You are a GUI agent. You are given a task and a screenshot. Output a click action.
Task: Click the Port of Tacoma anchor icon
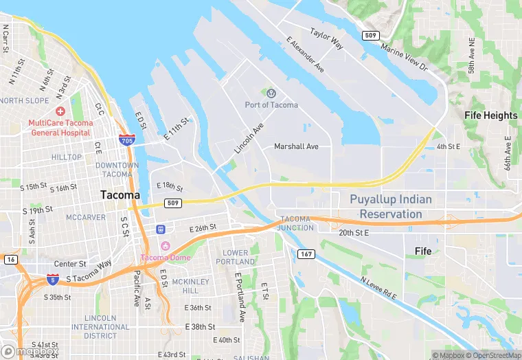click(x=271, y=93)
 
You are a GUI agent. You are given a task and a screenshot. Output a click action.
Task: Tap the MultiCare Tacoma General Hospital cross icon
click(x=61, y=111)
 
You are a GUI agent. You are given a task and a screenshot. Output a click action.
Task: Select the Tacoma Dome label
click(x=164, y=258)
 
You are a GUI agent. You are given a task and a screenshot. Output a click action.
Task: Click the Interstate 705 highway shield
click(x=126, y=140)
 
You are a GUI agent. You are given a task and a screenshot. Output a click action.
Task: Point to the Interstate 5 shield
click(x=53, y=278)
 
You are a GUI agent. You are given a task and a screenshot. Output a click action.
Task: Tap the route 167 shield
click(x=306, y=254)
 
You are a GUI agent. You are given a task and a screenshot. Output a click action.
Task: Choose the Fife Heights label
click(x=490, y=115)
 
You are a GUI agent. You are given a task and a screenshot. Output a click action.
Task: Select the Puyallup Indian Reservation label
click(x=391, y=207)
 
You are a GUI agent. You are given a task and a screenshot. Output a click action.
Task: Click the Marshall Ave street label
click(x=296, y=146)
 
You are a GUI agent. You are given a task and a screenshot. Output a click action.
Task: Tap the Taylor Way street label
click(x=326, y=38)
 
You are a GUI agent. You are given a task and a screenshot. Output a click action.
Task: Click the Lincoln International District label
click(x=100, y=326)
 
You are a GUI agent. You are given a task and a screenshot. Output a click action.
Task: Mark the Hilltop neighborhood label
click(x=66, y=157)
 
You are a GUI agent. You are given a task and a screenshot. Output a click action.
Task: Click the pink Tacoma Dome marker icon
click(x=164, y=246)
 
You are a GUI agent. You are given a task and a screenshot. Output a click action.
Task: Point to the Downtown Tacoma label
click(x=117, y=170)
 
